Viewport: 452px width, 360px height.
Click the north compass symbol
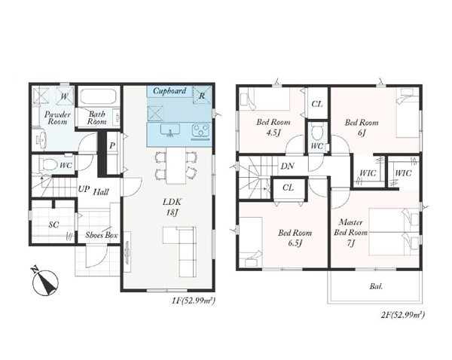(45, 282)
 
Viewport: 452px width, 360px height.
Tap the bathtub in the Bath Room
(98, 96)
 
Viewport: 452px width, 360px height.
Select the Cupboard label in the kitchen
(169, 91)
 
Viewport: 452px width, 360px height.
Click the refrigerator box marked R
(202, 95)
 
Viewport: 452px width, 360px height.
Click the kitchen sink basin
(171, 130)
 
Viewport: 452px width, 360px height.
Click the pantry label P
(112, 146)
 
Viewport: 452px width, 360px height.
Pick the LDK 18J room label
(172, 207)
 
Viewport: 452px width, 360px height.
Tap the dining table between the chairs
(176, 165)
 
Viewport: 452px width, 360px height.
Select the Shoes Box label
(102, 235)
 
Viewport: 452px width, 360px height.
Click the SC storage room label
(53, 224)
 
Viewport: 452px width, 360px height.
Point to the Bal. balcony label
(376, 286)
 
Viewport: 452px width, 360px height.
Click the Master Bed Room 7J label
(350, 233)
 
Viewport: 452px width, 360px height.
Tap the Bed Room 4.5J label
(273, 127)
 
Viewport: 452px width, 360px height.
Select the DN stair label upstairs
(288, 166)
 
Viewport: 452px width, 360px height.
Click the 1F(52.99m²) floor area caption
(194, 301)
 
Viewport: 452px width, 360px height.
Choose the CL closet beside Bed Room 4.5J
(317, 104)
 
